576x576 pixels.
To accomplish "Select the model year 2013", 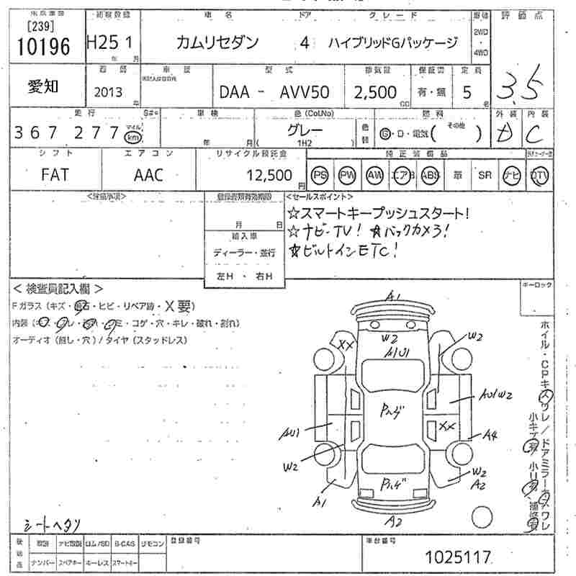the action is tap(107, 91).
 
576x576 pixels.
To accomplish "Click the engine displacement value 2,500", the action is tap(374, 92).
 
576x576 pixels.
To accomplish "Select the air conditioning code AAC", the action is tap(148, 174).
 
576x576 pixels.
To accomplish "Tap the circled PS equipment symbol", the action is tap(319, 175).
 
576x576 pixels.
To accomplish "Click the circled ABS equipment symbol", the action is tap(430, 175).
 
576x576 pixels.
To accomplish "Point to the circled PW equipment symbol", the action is tap(346, 175).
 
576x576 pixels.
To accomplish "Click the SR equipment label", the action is tap(484, 175).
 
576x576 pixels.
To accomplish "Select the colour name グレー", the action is tap(304, 130).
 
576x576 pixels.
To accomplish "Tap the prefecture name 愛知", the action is tap(44, 86).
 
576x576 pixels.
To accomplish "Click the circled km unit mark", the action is tap(132, 138).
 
